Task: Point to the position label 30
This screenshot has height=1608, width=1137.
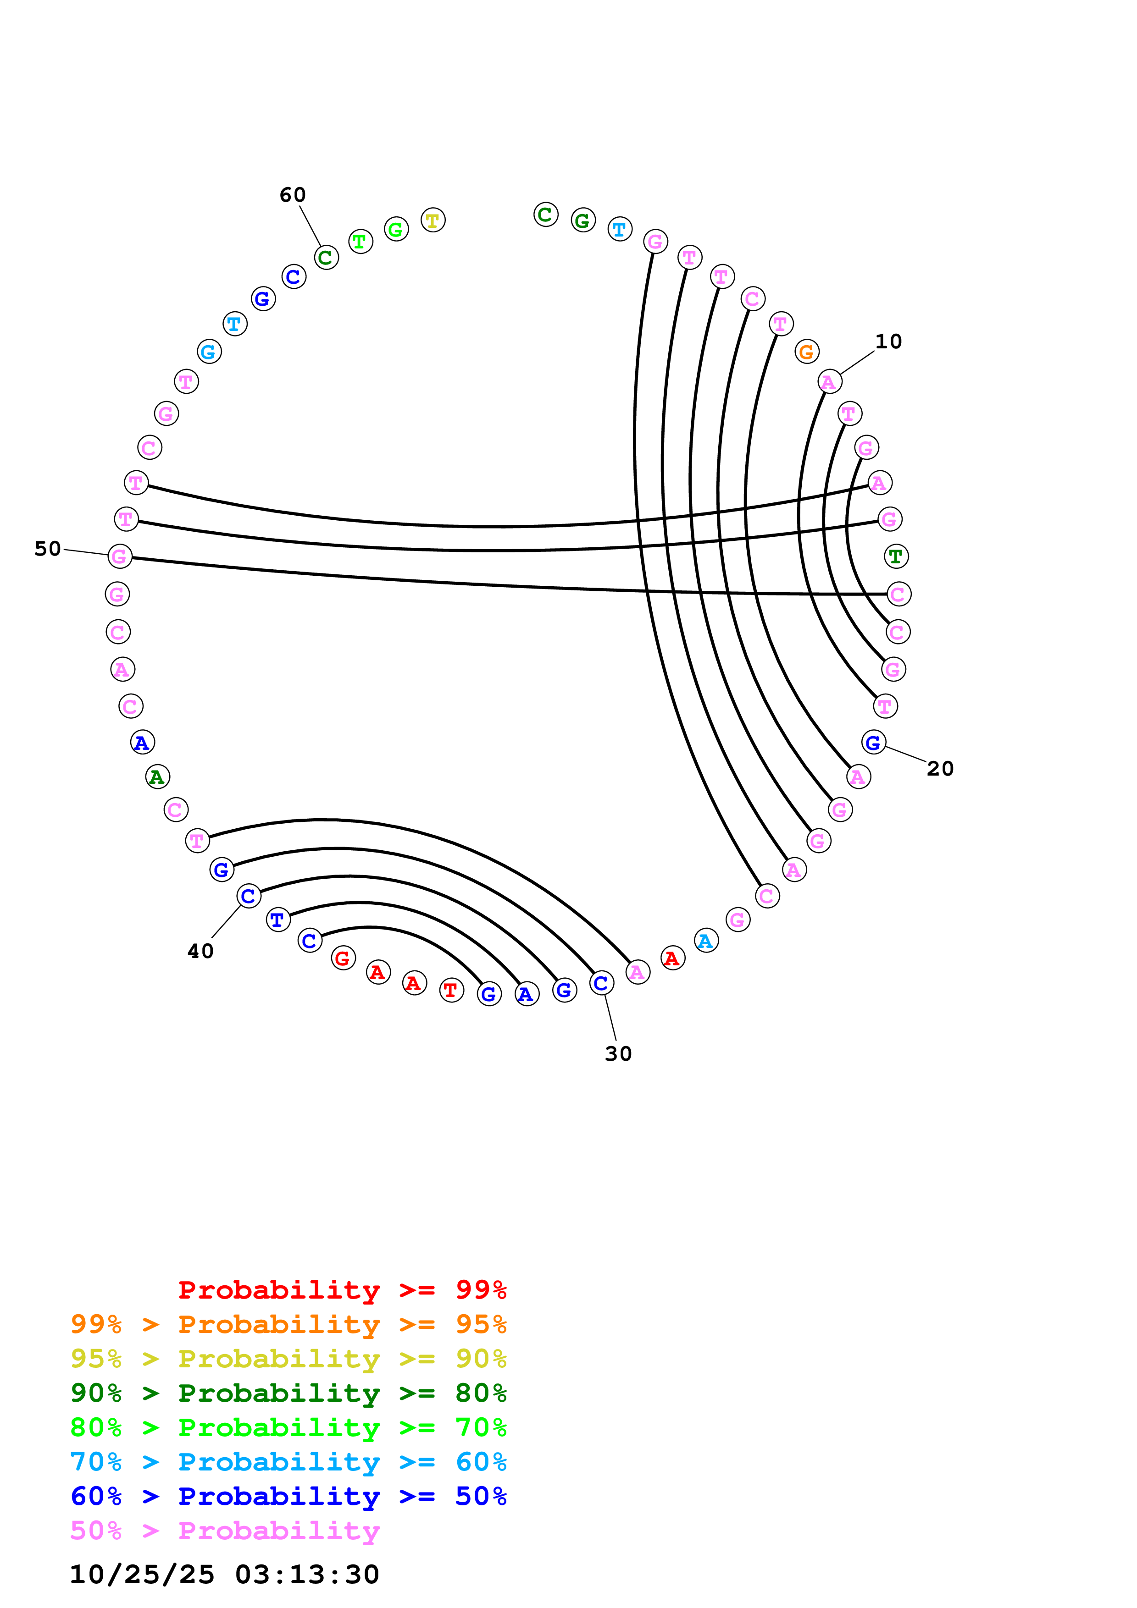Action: pos(618,1053)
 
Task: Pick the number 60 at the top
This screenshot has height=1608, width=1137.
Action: pos(292,195)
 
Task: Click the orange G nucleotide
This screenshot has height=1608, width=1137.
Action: pos(806,352)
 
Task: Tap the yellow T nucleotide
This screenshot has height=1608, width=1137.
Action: pos(433,220)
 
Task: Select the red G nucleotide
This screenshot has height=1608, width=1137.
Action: pos(343,958)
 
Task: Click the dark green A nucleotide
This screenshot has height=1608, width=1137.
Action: pos(157,776)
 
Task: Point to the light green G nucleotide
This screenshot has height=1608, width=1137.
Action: pos(396,229)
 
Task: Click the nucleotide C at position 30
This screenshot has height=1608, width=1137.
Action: pos(601,983)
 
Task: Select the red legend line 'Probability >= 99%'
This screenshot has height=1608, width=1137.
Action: pos(342,1289)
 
